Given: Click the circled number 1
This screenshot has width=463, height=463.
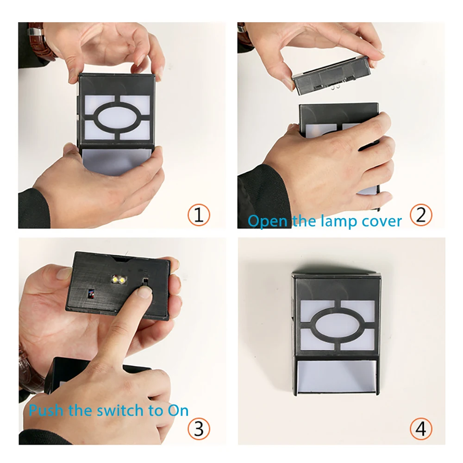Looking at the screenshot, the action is pyautogui.click(x=199, y=215).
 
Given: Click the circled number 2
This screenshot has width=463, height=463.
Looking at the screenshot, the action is pyautogui.click(x=421, y=215).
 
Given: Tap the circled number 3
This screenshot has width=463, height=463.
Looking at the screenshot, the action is pyautogui.click(x=199, y=428).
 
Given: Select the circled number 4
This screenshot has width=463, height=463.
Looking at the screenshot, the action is pyautogui.click(x=421, y=428).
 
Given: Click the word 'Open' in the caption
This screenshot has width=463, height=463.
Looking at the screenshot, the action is pyautogui.click(x=268, y=221).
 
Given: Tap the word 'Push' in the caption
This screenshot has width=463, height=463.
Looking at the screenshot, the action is pyautogui.click(x=46, y=410).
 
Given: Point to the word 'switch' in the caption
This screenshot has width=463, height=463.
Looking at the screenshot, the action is pyautogui.click(x=120, y=410).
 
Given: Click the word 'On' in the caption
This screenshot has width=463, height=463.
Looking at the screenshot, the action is pyautogui.click(x=178, y=410).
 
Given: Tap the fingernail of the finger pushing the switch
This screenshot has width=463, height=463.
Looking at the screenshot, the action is pyautogui.click(x=144, y=292).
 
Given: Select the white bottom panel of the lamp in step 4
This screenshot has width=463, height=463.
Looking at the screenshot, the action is pyautogui.click(x=337, y=377).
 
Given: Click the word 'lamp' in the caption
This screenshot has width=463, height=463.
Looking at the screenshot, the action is pyautogui.click(x=339, y=221).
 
